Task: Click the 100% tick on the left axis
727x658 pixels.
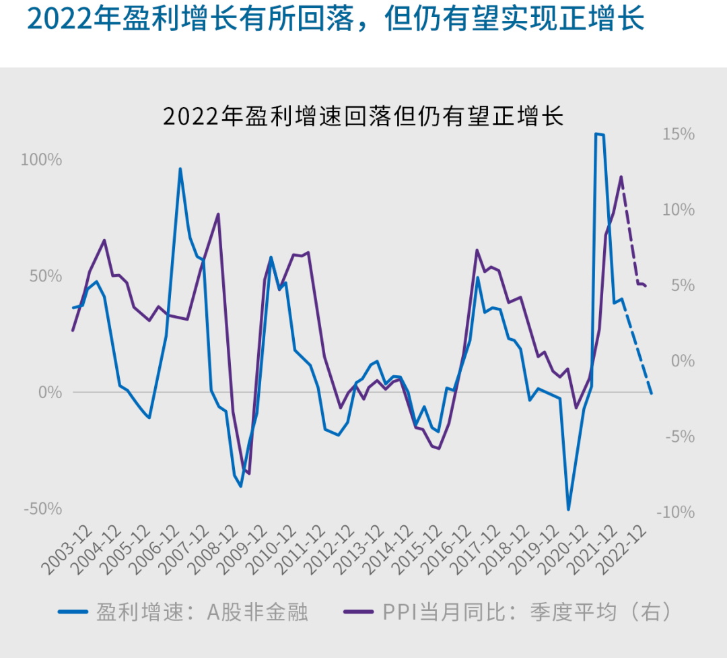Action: (41, 160)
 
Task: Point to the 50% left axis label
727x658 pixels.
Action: (44, 276)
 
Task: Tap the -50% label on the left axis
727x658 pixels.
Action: (42, 508)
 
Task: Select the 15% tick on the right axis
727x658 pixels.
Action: (678, 135)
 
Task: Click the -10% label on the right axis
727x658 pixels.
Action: (675, 513)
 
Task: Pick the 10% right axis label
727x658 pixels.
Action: (678, 210)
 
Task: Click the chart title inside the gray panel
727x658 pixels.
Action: (363, 116)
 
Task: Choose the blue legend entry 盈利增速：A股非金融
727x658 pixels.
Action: (183, 612)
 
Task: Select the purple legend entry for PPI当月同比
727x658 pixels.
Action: (508, 612)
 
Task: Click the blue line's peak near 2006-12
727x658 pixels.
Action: (180, 168)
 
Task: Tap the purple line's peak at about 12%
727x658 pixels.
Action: (621, 176)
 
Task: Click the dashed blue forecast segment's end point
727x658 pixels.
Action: (652, 393)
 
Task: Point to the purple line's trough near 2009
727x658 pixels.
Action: (249, 473)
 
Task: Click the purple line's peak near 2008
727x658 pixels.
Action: (218, 214)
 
